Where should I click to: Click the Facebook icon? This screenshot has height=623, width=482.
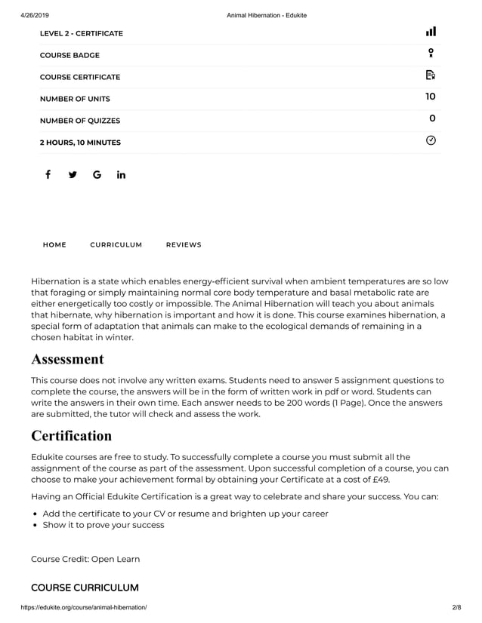pyautogui.click(x=48, y=175)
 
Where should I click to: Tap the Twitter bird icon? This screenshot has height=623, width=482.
pyautogui.click(x=73, y=175)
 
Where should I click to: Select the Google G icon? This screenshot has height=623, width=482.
pyautogui.click(x=97, y=175)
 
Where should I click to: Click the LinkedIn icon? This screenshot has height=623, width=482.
pyautogui.click(x=121, y=175)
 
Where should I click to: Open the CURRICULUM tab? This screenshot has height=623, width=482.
pyautogui.click(x=116, y=244)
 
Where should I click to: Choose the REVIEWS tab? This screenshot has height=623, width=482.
pyautogui.click(x=184, y=244)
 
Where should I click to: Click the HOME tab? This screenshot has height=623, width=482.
pyautogui.click(x=54, y=244)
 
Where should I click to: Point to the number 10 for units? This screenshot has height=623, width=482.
pyautogui.click(x=430, y=97)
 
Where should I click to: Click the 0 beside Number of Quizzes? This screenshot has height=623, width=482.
pyautogui.click(x=431, y=118)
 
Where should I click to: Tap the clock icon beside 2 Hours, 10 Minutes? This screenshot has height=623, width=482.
pyautogui.click(x=431, y=140)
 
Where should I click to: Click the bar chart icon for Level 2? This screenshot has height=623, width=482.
pyautogui.click(x=431, y=32)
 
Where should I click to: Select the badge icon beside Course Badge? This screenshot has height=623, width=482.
pyautogui.click(x=431, y=53)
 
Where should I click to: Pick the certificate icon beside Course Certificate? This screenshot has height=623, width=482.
pyautogui.click(x=431, y=75)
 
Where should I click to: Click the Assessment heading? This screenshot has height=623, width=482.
pyautogui.click(x=67, y=359)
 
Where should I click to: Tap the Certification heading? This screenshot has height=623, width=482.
pyautogui.click(x=71, y=436)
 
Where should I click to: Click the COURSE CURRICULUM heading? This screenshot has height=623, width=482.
pyautogui.click(x=85, y=588)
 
